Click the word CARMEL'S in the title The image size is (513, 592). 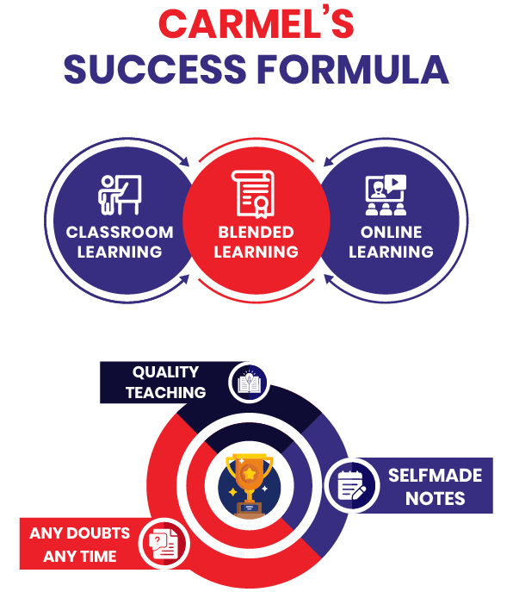[x=256, y=24]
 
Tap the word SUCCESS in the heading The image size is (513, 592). [x=155, y=70]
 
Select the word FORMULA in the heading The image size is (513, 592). [x=353, y=70]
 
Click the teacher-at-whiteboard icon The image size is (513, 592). [x=120, y=195]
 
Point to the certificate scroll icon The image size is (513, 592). [x=253, y=194]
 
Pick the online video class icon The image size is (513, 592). [x=386, y=195]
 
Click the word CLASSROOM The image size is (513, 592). [x=120, y=232]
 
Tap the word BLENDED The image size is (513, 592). [x=256, y=232]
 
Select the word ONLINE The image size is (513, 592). [x=391, y=232]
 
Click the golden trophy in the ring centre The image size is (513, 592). [x=250, y=485]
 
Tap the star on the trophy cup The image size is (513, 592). [x=250, y=473]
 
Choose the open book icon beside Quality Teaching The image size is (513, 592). [x=249, y=383]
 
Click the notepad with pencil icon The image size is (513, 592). [x=351, y=485]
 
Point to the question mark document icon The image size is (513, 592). [x=164, y=544]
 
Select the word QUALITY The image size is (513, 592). [x=165, y=372]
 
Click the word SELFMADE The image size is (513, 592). [x=436, y=476]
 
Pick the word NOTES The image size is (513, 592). [x=436, y=498]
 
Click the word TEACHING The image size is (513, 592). [x=165, y=393]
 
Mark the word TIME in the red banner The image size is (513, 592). [x=98, y=557]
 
